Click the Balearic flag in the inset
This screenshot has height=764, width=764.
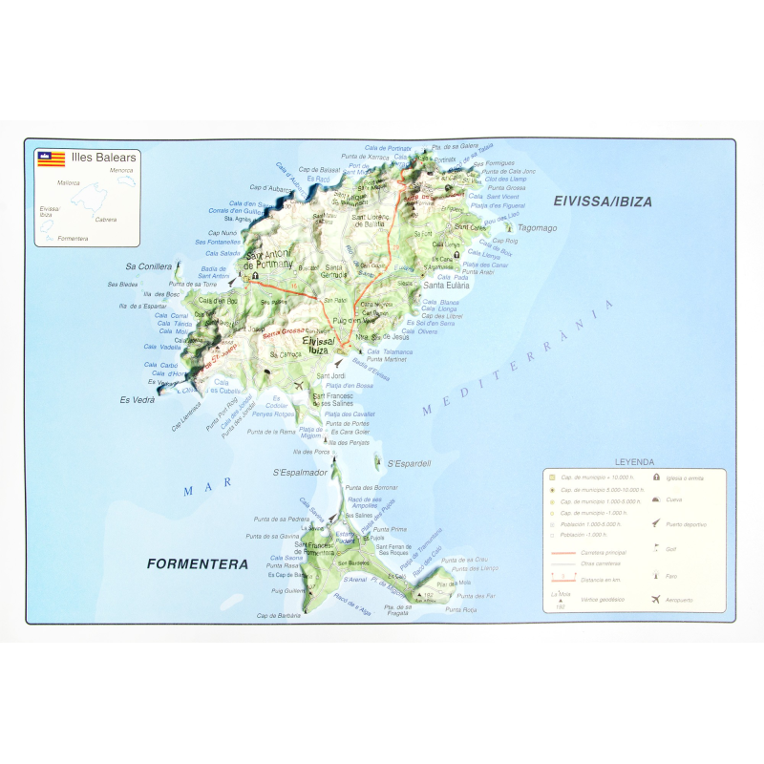(x=51, y=159)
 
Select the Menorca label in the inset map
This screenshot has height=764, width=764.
(x=121, y=171)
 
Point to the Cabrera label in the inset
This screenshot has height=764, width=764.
(x=106, y=219)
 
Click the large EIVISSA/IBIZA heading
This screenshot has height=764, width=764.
(x=603, y=202)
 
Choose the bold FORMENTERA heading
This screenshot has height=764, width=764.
(x=198, y=564)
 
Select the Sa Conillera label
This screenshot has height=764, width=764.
(x=148, y=266)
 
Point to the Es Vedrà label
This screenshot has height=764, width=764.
(x=137, y=399)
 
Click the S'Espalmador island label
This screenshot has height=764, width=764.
(x=300, y=472)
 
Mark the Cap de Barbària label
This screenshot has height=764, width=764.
(x=279, y=616)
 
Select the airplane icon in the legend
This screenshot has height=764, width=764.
(x=656, y=600)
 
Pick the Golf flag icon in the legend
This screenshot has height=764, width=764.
(x=656, y=548)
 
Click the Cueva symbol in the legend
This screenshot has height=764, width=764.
(x=656, y=499)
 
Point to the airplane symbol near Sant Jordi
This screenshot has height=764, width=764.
(x=299, y=385)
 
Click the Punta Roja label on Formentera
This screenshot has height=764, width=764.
(x=461, y=609)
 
